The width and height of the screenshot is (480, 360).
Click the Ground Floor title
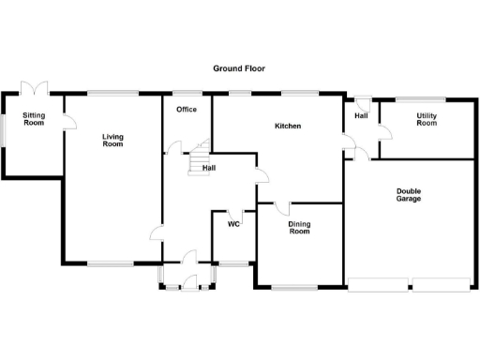(240, 69)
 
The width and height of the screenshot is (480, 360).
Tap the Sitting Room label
(34, 119)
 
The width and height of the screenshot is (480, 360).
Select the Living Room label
(113, 141)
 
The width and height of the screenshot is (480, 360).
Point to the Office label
(187, 110)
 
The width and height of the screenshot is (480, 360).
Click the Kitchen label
(288, 126)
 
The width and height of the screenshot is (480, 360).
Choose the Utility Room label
(427, 119)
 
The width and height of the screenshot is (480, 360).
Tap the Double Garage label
(408, 195)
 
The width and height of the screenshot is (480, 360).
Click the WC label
(234, 224)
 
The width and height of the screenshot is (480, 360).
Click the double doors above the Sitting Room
(36, 87)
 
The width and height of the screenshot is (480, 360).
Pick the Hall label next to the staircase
(210, 168)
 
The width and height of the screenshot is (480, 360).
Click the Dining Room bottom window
(300, 286)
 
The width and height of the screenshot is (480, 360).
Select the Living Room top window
(113, 91)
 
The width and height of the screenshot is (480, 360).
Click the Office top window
(187, 91)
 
